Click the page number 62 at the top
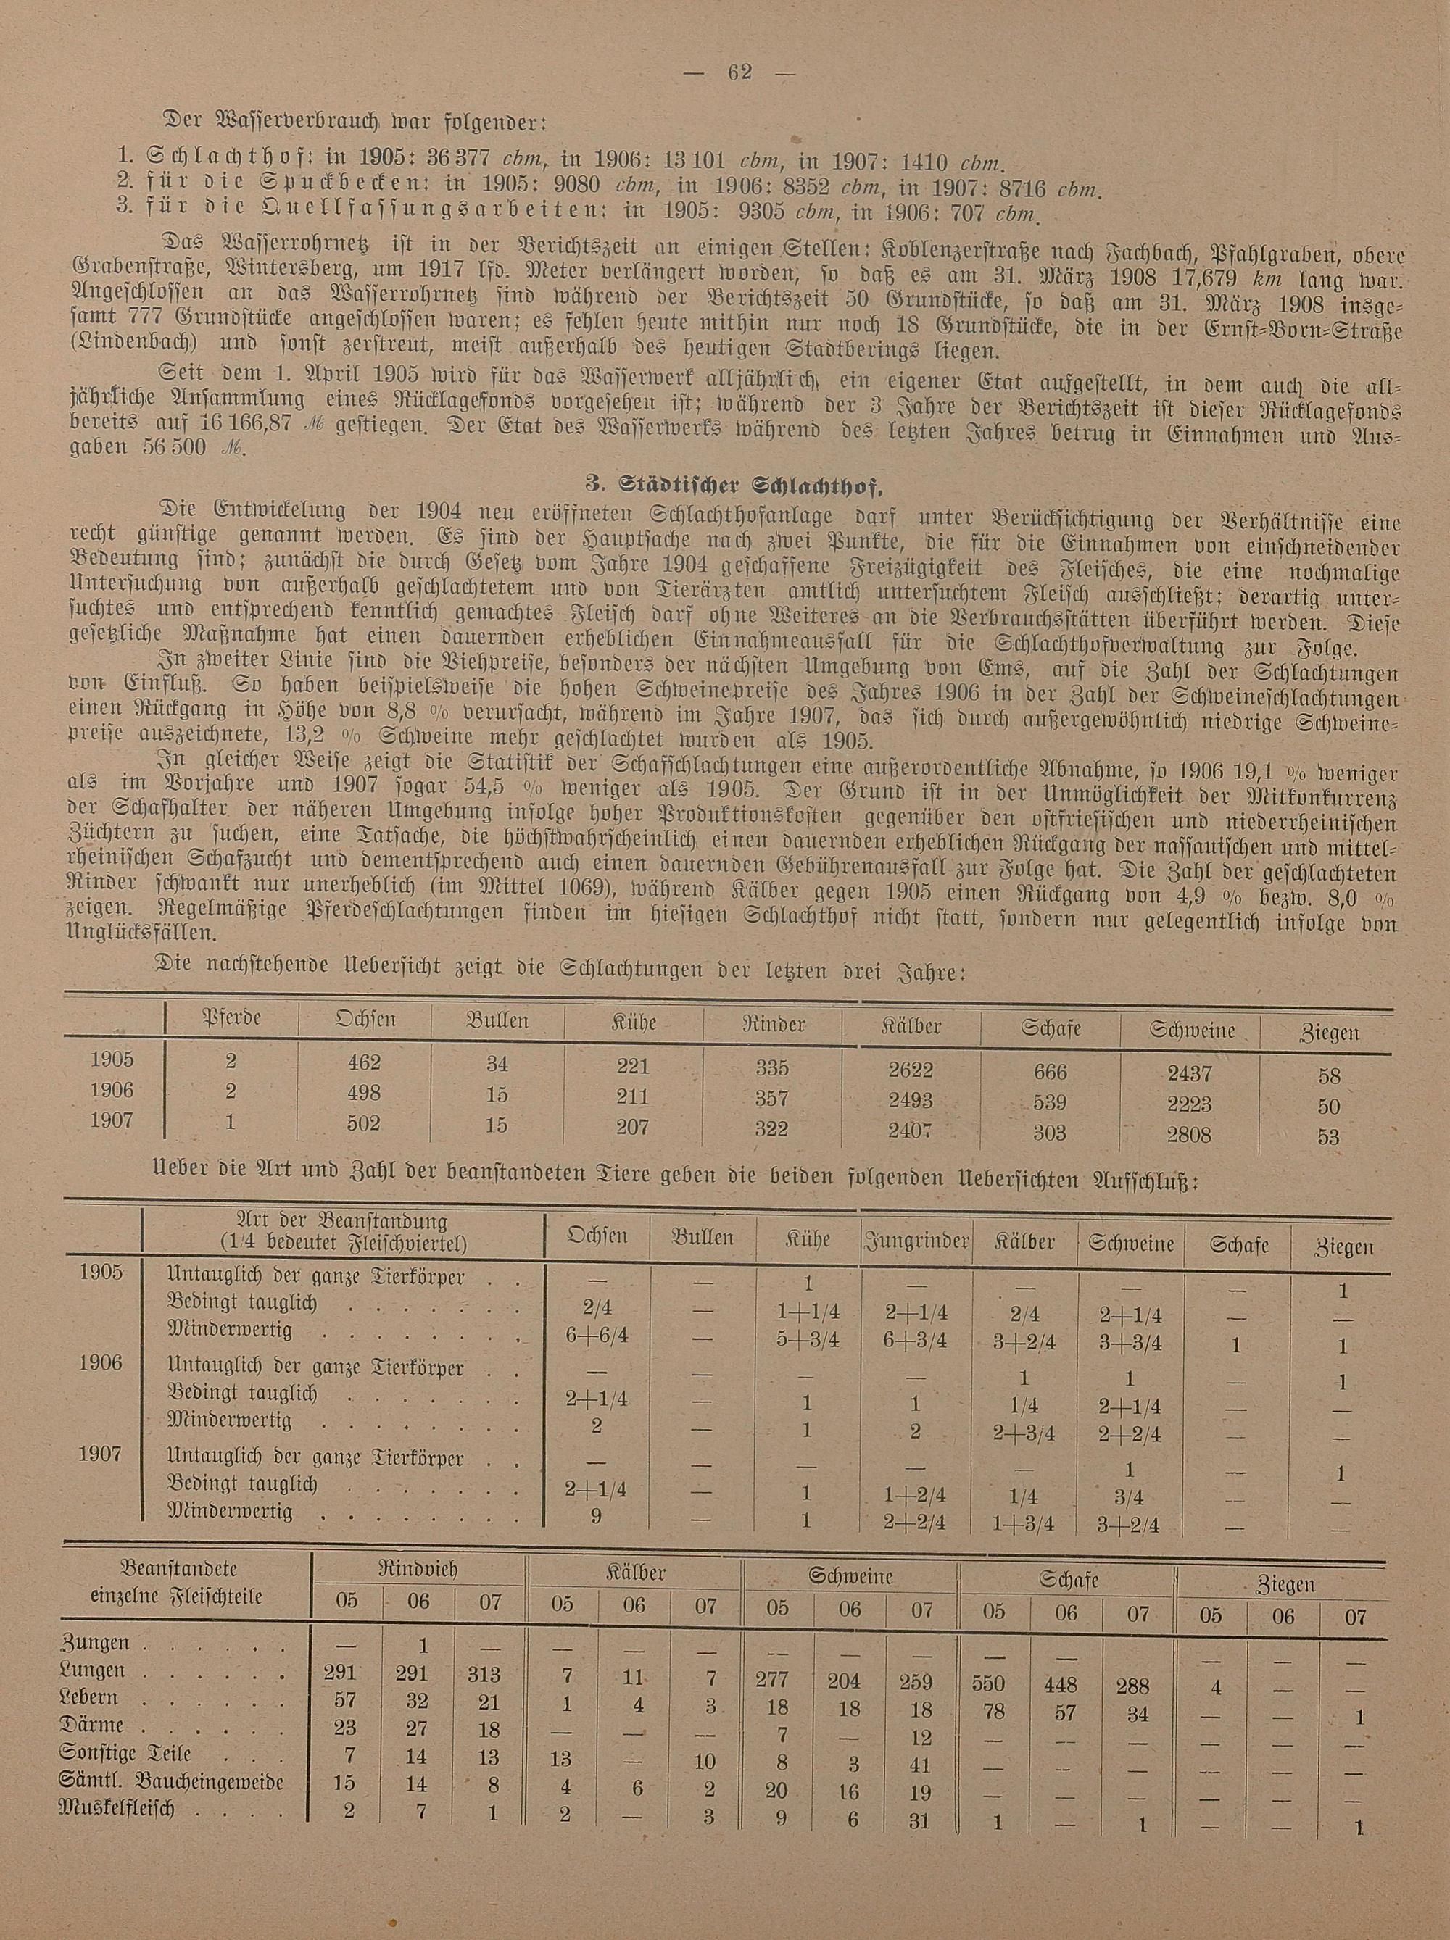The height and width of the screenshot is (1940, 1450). (x=739, y=72)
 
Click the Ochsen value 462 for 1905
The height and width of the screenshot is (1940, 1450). (x=363, y=1062)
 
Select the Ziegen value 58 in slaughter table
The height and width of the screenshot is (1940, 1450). (x=1328, y=1075)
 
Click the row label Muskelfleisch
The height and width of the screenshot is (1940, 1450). (x=117, y=1808)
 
